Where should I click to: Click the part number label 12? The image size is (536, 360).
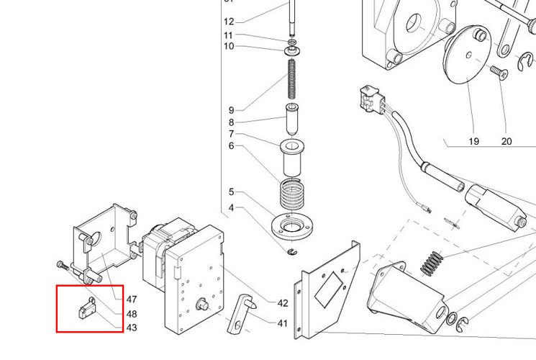point(229,21)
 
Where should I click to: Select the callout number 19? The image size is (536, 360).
point(473,141)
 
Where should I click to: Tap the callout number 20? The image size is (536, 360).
point(507,141)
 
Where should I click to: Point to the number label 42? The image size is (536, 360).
point(283,302)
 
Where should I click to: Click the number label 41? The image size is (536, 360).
point(283,323)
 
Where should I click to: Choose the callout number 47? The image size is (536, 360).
point(132,299)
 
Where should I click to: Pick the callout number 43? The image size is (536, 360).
point(132,328)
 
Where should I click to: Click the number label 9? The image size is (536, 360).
point(232,110)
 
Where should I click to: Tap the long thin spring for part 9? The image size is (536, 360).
point(293,79)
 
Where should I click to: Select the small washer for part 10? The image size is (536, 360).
point(293,51)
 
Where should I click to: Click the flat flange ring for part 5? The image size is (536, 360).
point(292,225)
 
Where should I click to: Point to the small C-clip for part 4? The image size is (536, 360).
point(292,251)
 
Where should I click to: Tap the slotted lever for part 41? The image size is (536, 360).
point(242,316)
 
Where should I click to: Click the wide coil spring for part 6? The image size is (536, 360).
point(292,195)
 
